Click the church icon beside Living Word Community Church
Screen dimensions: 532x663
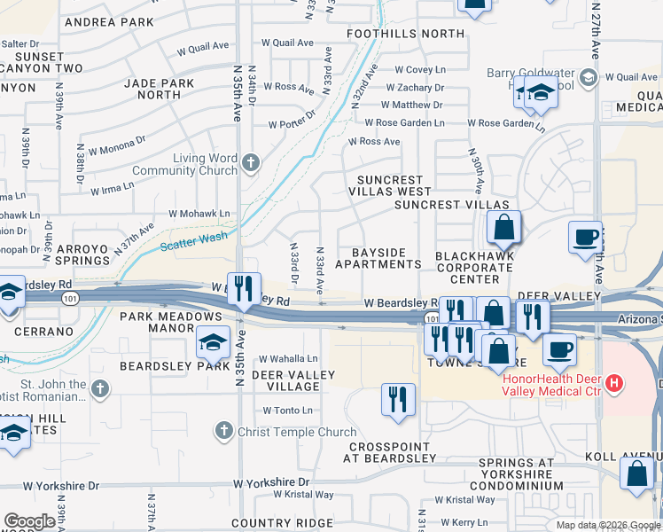pyautogui.click(x=251, y=162)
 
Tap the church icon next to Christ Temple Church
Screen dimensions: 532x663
pyautogui.click(x=224, y=432)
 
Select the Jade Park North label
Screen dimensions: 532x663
pyautogui.click(x=160, y=89)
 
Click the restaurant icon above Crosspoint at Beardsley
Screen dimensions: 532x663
pyautogui.click(x=398, y=398)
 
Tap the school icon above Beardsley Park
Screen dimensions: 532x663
pyautogui.click(x=213, y=341)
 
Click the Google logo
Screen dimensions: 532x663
pyautogui.click(x=29, y=521)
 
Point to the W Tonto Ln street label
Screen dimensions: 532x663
pyautogui.click(x=287, y=411)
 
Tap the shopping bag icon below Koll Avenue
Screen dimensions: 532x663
pyautogui.click(x=637, y=474)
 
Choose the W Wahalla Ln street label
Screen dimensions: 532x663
pyautogui.click(x=288, y=359)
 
